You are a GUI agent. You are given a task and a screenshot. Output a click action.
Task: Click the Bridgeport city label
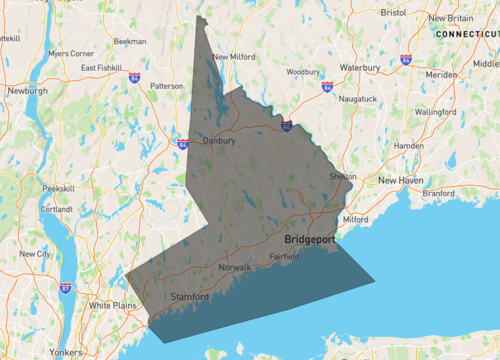(x=309, y=241)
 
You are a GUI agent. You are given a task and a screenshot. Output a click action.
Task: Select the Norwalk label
(x=237, y=268)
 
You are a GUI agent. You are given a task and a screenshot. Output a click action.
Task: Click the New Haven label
(x=400, y=180)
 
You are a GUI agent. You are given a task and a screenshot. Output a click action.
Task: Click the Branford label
(x=437, y=193)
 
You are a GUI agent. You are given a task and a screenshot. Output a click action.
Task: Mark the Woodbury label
(x=303, y=72)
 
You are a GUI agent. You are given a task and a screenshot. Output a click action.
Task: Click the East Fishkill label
(x=102, y=68)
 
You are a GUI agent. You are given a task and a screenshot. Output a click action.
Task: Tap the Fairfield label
(x=284, y=257)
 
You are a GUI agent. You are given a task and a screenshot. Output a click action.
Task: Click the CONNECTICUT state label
(x=467, y=34)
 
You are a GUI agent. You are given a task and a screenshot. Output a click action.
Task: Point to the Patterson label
(x=166, y=86)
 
